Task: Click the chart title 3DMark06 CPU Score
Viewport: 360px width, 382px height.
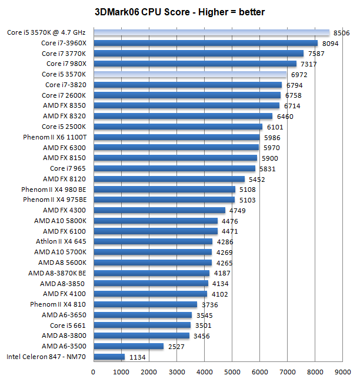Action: [179, 11]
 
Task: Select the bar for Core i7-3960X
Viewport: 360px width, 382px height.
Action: [205, 43]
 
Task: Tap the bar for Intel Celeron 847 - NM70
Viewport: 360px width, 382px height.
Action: [109, 357]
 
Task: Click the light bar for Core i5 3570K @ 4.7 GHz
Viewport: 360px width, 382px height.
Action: [211, 33]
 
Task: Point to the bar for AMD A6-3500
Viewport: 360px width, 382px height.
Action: [128, 346]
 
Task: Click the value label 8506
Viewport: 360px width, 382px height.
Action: [342, 33]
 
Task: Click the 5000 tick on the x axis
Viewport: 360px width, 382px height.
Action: [232, 371]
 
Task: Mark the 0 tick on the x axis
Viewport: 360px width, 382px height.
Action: [93, 371]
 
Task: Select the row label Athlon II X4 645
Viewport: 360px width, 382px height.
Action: [61, 241]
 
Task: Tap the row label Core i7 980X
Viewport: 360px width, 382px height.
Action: [66, 64]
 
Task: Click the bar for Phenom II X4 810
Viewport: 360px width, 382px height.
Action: [145, 304]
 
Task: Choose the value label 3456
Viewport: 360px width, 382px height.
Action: [201, 336]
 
